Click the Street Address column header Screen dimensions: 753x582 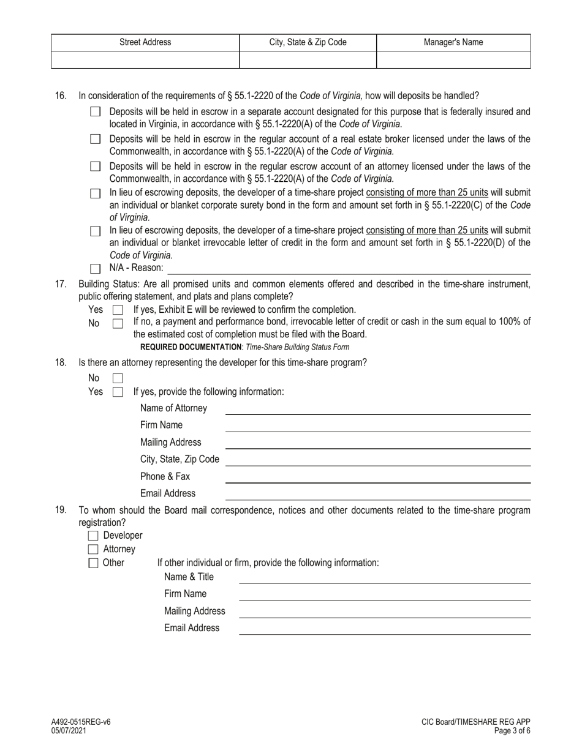[145, 42]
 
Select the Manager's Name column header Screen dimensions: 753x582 [453, 42]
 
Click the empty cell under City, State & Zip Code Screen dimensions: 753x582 [308, 59]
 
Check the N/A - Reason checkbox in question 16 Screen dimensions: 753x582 [95, 268]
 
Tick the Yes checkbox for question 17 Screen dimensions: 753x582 [118, 310]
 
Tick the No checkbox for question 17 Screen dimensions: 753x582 [118, 323]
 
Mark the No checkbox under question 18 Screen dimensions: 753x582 [118, 378]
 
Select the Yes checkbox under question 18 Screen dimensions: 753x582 [118, 392]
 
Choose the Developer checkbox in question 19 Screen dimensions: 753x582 [94, 536]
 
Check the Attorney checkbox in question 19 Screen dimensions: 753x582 [94, 550]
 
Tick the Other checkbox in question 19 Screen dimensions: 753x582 [94, 563]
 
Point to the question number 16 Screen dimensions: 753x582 [61, 96]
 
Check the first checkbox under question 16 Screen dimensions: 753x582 [95, 112]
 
